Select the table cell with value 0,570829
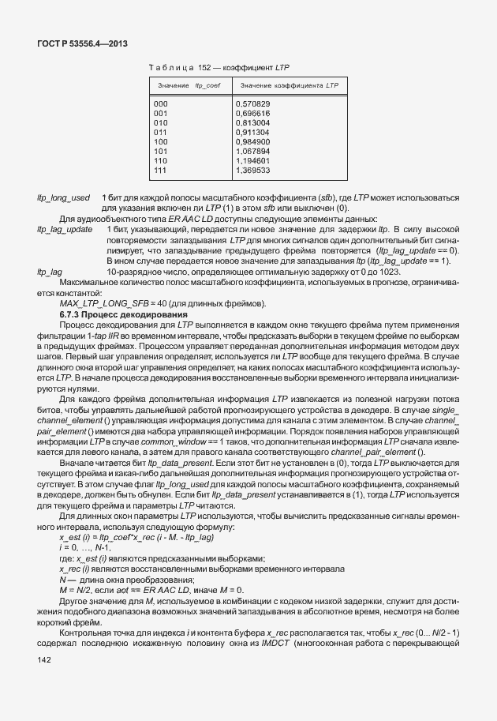pos(252,103)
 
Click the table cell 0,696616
pos(252,113)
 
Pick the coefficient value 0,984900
pos(252,141)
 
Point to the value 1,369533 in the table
pos(252,170)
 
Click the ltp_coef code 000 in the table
pos(161,103)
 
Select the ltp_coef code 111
pos(161,170)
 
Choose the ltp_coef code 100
pos(161,141)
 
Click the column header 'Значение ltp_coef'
pos(188,85)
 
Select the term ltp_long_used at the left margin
pos(63,197)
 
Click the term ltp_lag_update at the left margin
pos(65,228)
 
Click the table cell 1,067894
pos(252,151)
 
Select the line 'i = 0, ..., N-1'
pos(84,546)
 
